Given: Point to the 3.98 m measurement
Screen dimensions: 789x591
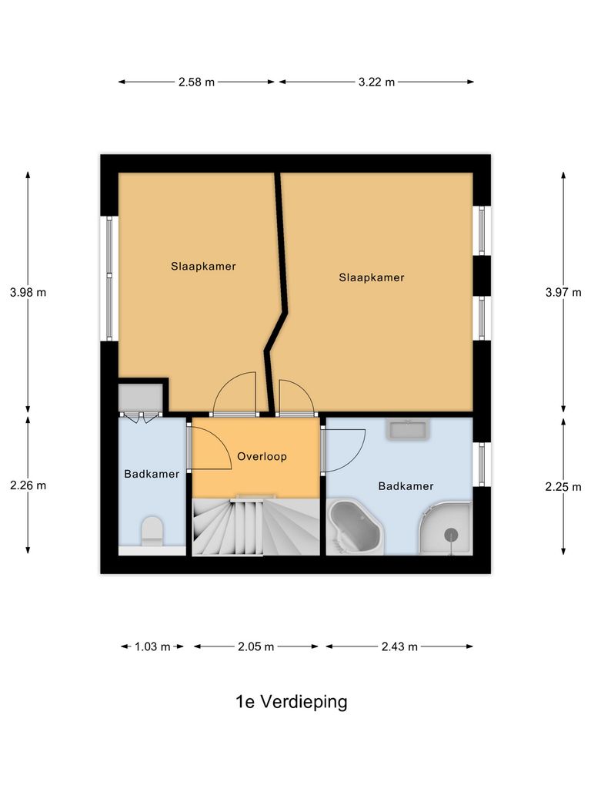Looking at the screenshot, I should click(x=28, y=293).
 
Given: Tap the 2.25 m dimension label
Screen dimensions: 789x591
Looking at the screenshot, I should click(x=563, y=485).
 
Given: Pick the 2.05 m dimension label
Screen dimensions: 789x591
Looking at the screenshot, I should click(x=255, y=647).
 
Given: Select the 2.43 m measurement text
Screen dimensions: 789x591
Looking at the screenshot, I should click(x=399, y=647).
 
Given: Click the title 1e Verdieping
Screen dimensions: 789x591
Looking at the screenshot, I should click(x=292, y=702).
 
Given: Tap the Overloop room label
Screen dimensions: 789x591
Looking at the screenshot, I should click(x=262, y=457).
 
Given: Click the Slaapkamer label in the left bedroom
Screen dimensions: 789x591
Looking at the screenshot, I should click(x=203, y=267).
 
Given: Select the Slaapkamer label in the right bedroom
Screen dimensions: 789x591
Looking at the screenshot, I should click(x=371, y=277).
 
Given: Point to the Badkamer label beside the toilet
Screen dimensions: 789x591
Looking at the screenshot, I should click(x=152, y=474).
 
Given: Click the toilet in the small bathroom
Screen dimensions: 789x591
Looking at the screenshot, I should click(x=152, y=532).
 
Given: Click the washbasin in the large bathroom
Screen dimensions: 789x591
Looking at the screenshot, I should click(x=407, y=430).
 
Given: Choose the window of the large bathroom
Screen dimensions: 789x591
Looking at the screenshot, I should click(x=482, y=465).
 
